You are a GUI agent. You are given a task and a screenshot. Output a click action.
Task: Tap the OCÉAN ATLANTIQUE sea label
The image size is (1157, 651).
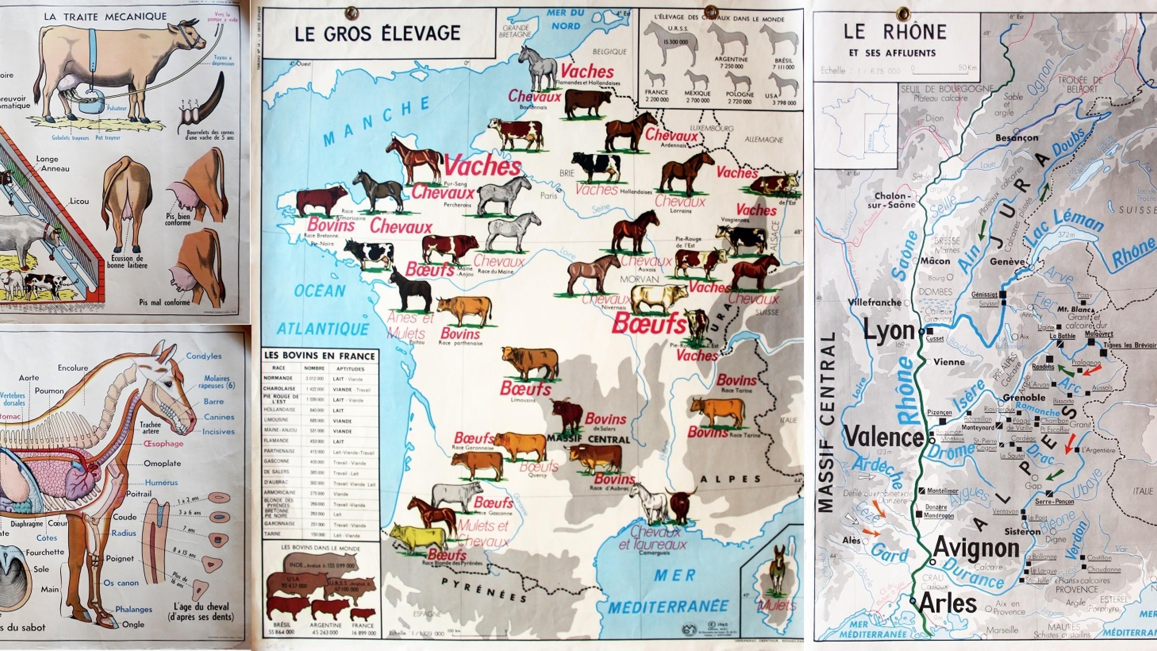322,310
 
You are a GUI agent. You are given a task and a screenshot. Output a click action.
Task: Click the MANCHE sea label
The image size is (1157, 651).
376,121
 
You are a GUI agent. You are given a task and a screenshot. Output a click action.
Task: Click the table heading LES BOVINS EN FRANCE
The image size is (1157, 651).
319,356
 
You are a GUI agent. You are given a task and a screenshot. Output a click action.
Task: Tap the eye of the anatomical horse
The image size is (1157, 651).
167,385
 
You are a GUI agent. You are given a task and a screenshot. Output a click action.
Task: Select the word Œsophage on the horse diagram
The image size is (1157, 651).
164,443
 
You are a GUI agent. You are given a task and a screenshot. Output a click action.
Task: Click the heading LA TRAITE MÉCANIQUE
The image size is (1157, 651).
105,17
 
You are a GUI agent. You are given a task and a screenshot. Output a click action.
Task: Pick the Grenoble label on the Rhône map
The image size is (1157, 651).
1021,398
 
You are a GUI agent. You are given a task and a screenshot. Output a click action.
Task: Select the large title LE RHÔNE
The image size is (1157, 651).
895,32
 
